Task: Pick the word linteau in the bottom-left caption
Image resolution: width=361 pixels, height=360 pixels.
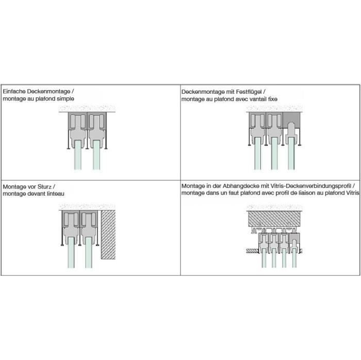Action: pos(56,194)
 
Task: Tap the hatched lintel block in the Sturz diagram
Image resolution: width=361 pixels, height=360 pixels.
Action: pos(108,235)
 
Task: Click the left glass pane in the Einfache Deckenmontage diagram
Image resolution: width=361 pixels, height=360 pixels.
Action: pos(78,155)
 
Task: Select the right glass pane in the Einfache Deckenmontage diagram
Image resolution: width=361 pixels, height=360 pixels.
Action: pos(96,155)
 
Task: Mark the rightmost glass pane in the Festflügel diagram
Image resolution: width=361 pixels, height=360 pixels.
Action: pos(291,153)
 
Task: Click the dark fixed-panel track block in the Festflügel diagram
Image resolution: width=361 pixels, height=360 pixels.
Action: pos(291,119)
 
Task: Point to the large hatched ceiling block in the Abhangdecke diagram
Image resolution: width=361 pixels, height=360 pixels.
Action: pos(274,219)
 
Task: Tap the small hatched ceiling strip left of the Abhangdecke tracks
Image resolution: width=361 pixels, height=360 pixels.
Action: pos(252,251)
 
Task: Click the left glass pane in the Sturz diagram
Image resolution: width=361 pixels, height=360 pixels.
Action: pos(71,253)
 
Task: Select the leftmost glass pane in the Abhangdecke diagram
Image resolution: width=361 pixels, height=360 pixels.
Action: pos(264,258)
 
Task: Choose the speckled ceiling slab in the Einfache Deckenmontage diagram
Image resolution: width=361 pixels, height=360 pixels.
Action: pos(87,109)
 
